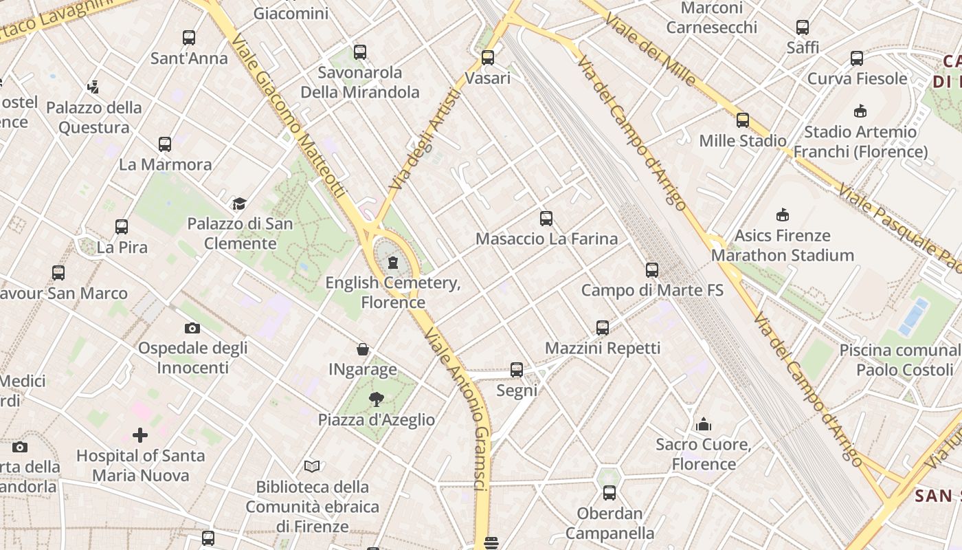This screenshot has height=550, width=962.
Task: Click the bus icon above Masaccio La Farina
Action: click(x=546, y=219)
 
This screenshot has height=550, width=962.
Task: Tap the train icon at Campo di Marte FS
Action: click(x=652, y=270)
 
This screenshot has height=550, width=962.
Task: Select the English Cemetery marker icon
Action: click(x=393, y=263)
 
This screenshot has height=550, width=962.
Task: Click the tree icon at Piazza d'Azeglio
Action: click(x=376, y=399)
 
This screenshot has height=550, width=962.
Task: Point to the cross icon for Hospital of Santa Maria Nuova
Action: click(x=140, y=435)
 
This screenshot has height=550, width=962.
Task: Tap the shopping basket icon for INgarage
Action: click(x=363, y=350)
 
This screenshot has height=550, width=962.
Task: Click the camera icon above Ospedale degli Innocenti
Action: click(x=192, y=328)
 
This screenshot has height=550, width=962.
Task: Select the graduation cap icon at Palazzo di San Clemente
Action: click(x=239, y=203)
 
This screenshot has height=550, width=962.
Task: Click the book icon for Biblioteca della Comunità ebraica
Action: click(x=312, y=466)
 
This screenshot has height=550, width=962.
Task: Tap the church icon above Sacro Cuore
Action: click(x=703, y=424)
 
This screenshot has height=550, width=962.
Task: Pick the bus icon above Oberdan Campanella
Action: click(x=609, y=493)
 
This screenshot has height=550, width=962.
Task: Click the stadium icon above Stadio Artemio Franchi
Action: click(x=860, y=111)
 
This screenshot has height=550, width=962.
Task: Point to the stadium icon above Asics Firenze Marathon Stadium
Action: click(x=782, y=215)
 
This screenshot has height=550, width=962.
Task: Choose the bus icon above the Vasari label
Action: click(x=488, y=58)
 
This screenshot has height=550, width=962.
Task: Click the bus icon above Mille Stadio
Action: click(x=743, y=120)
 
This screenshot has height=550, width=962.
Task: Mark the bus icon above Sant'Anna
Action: click(x=189, y=38)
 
